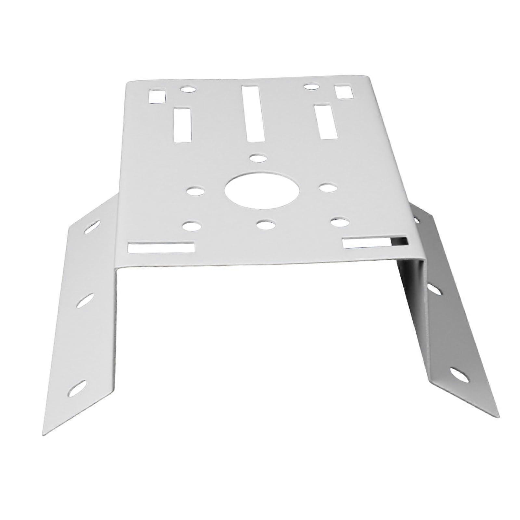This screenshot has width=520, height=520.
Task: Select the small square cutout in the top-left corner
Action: (x=157, y=96)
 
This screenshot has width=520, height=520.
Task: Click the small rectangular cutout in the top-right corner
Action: (x=344, y=92)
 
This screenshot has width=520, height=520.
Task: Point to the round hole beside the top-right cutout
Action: (x=311, y=86)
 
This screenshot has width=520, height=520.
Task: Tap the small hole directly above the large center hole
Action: (x=258, y=158)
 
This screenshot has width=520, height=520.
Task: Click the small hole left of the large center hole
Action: (x=195, y=191)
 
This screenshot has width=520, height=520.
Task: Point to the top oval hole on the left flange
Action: (x=92, y=227)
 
